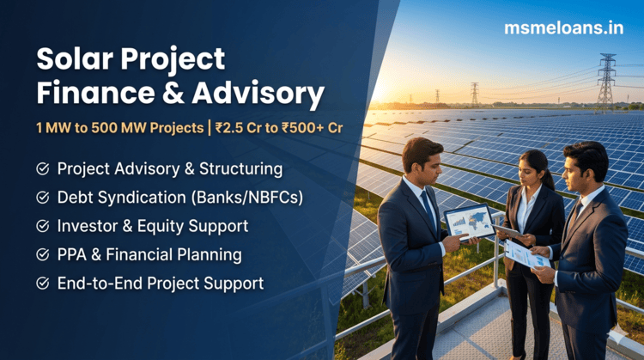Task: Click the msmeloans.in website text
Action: pos(562,27)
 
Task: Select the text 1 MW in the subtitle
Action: pos(54,127)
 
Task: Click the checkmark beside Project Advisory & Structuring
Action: pos(42,168)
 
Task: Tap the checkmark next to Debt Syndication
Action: pos(42,198)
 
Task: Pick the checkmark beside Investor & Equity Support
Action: pos(42,226)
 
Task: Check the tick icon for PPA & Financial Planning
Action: pos(42,254)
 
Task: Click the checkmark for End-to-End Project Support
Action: pos(42,283)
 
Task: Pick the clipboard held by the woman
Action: pos(509,231)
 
